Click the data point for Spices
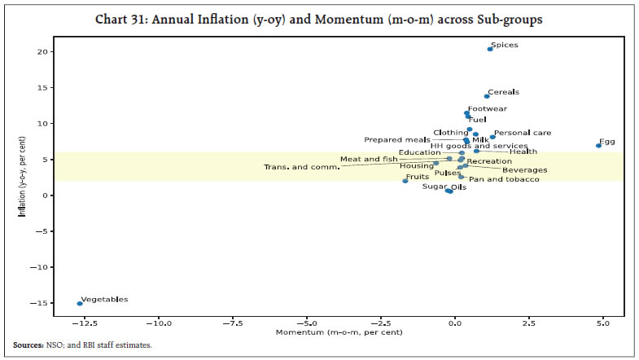[489, 49]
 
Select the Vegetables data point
[80, 303]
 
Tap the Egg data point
[598, 145]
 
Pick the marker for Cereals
[487, 96]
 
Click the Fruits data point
[405, 181]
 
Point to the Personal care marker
[492, 137]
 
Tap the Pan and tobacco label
[504, 179]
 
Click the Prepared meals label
[396, 139]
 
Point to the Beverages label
[524, 170]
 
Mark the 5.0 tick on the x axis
[602, 323]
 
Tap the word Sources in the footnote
[28, 345]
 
